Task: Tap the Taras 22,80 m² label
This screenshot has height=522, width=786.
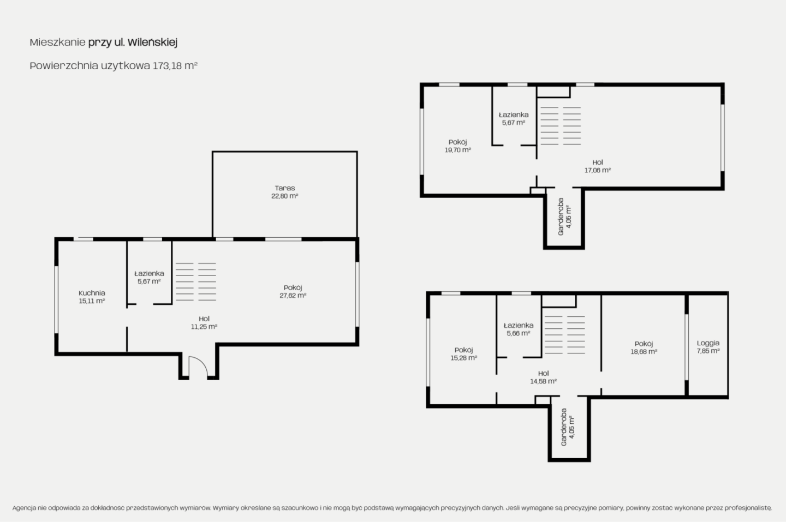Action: (x=284, y=192)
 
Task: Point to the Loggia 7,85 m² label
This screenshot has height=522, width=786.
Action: (x=708, y=347)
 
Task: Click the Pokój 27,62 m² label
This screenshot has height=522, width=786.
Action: (x=293, y=291)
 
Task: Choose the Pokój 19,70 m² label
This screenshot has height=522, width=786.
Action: (x=457, y=146)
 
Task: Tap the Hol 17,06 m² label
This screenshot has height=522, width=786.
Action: (x=598, y=166)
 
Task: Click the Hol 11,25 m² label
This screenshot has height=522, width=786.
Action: (x=204, y=322)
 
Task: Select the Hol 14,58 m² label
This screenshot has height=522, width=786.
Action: (x=543, y=377)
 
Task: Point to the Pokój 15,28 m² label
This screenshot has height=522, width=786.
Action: (x=463, y=353)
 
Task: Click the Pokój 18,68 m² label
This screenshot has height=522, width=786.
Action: (x=644, y=347)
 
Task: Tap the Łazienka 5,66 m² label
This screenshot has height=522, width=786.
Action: (x=519, y=329)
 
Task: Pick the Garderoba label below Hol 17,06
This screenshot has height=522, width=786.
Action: (x=564, y=217)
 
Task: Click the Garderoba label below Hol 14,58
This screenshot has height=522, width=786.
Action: (x=568, y=427)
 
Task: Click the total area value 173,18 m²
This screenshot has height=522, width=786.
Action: (x=175, y=65)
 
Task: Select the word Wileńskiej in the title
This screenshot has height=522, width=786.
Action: (x=153, y=43)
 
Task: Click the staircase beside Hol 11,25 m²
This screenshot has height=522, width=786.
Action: (x=196, y=282)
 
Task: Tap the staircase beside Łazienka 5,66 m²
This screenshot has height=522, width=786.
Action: (x=564, y=335)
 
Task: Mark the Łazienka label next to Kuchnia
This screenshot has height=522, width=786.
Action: (x=149, y=273)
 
